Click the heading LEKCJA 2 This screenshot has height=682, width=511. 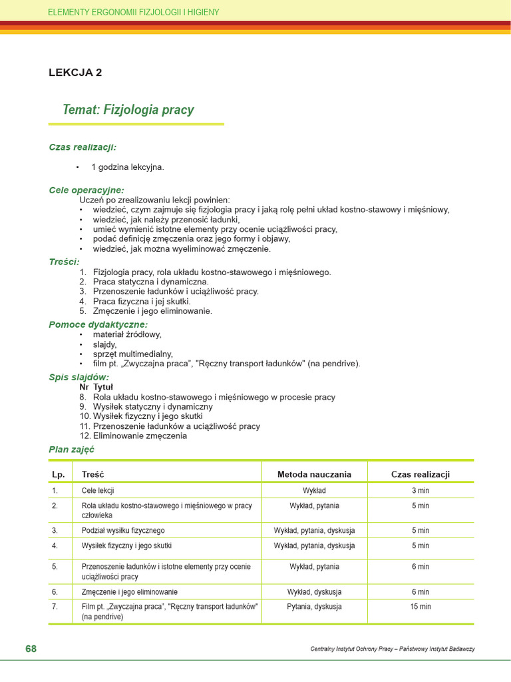pyautogui.click(x=75, y=73)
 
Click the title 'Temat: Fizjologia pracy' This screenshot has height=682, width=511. pyautogui.click(x=128, y=109)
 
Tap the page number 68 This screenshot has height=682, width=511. pyautogui.click(x=31, y=649)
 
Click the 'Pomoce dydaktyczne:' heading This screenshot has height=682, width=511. pyautogui.click(x=98, y=324)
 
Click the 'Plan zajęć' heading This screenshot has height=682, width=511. pyautogui.click(x=71, y=450)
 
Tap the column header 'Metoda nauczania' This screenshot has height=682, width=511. pyautogui.click(x=314, y=474)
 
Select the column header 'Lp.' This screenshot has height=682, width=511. pyautogui.click(x=58, y=474)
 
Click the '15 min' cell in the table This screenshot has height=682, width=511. pyautogui.click(x=421, y=607)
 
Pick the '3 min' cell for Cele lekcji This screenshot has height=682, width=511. pyautogui.click(x=421, y=490)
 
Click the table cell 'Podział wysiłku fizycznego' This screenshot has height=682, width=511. pyautogui.click(x=123, y=531)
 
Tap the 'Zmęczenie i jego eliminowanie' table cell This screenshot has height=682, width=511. pyautogui.click(x=130, y=591)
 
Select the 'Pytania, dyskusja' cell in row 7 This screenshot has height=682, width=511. pyautogui.click(x=314, y=607)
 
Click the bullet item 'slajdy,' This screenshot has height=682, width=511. pyautogui.click(x=104, y=344)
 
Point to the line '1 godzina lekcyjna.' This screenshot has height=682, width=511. pyautogui.click(x=127, y=167)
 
